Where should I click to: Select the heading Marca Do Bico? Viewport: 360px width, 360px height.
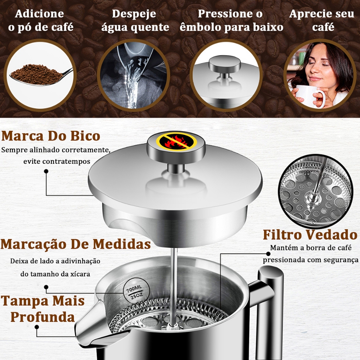pos(51,136)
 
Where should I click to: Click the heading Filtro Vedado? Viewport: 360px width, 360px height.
pos(310,234)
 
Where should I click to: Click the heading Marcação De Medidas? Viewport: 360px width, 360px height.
pos(76,244)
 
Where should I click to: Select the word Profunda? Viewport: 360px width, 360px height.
pos(43,317)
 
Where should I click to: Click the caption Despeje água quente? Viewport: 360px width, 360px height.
pos(135,21)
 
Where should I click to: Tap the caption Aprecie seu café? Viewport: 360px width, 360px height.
pos(322,21)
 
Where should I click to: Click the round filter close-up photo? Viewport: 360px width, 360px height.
pos(316,192)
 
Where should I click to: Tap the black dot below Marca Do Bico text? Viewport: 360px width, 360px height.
pos(46,171)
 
